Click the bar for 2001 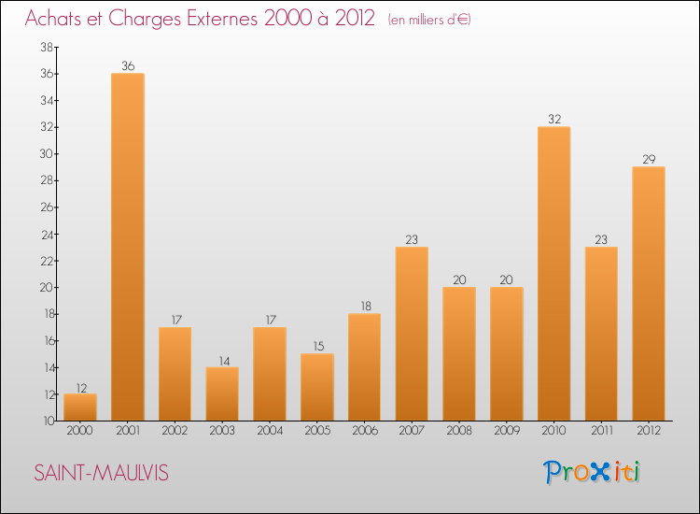(128, 247)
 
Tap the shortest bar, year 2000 (80, 407)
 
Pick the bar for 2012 (649, 293)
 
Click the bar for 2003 (222, 393)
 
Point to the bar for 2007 (412, 334)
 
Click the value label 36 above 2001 (128, 66)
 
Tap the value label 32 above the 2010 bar (553, 120)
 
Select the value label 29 (649, 160)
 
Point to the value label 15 (317, 347)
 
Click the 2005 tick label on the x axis (317, 431)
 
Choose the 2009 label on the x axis (507, 431)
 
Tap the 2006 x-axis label (364, 431)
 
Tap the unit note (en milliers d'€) (429, 20)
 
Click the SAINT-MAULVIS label (102, 473)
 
